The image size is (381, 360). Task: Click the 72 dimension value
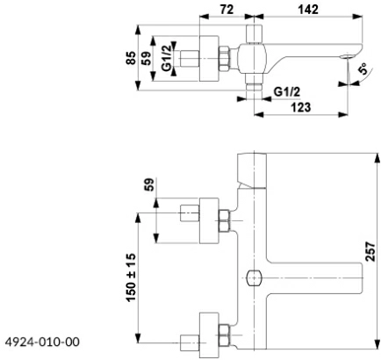(226, 10)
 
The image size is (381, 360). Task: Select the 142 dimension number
(308, 10)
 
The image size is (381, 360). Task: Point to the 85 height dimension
(132, 58)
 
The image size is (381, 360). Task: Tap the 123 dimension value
(301, 107)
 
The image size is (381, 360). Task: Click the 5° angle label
(363, 69)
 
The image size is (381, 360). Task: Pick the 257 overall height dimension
(370, 251)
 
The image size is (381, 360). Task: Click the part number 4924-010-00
(42, 342)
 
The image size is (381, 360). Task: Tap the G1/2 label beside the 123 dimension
(287, 92)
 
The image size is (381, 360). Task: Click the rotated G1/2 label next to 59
(167, 58)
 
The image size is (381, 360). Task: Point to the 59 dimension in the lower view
(149, 184)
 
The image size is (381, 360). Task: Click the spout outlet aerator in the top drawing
(348, 56)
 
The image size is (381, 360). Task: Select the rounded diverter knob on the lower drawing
(254, 277)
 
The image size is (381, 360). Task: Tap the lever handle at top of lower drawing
(252, 170)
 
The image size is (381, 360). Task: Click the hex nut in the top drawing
(224, 59)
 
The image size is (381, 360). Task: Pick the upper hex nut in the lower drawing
(224, 220)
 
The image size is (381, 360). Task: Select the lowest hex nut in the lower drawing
(224, 335)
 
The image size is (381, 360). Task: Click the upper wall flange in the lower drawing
(209, 220)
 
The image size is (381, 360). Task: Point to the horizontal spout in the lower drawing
(314, 277)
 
